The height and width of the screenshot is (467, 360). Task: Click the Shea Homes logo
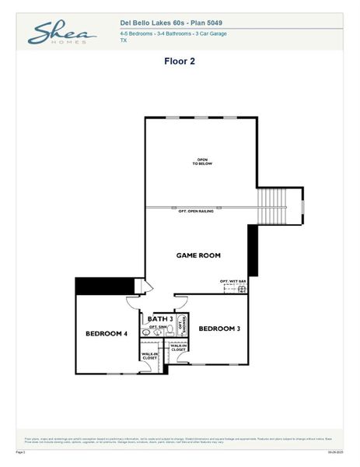point(61,33)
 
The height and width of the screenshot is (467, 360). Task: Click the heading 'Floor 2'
point(179,61)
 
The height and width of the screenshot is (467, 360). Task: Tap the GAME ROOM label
point(198,255)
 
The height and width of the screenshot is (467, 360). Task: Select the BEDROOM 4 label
point(107,333)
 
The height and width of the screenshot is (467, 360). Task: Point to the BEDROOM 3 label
point(218,328)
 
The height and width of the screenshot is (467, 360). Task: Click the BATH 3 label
point(159,319)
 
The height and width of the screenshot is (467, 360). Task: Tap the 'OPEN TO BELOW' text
point(202,162)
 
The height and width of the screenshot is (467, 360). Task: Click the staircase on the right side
point(273,206)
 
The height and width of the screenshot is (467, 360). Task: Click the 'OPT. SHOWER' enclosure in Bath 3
point(183,323)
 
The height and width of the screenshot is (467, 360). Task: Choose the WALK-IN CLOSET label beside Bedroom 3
point(178,348)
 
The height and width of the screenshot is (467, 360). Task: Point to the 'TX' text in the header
point(124,40)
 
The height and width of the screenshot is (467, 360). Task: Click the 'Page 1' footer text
point(21,451)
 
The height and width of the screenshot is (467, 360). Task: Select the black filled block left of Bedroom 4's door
point(105,286)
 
